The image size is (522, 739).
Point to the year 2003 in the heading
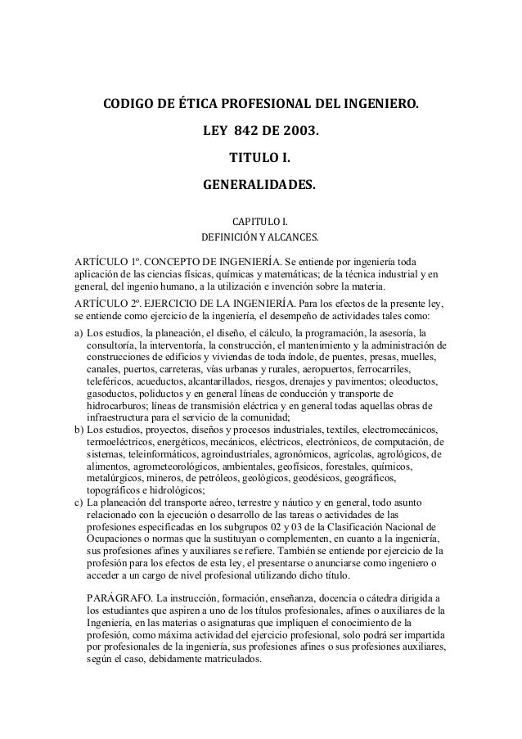[300, 130]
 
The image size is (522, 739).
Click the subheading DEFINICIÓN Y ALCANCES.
[261, 237]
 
